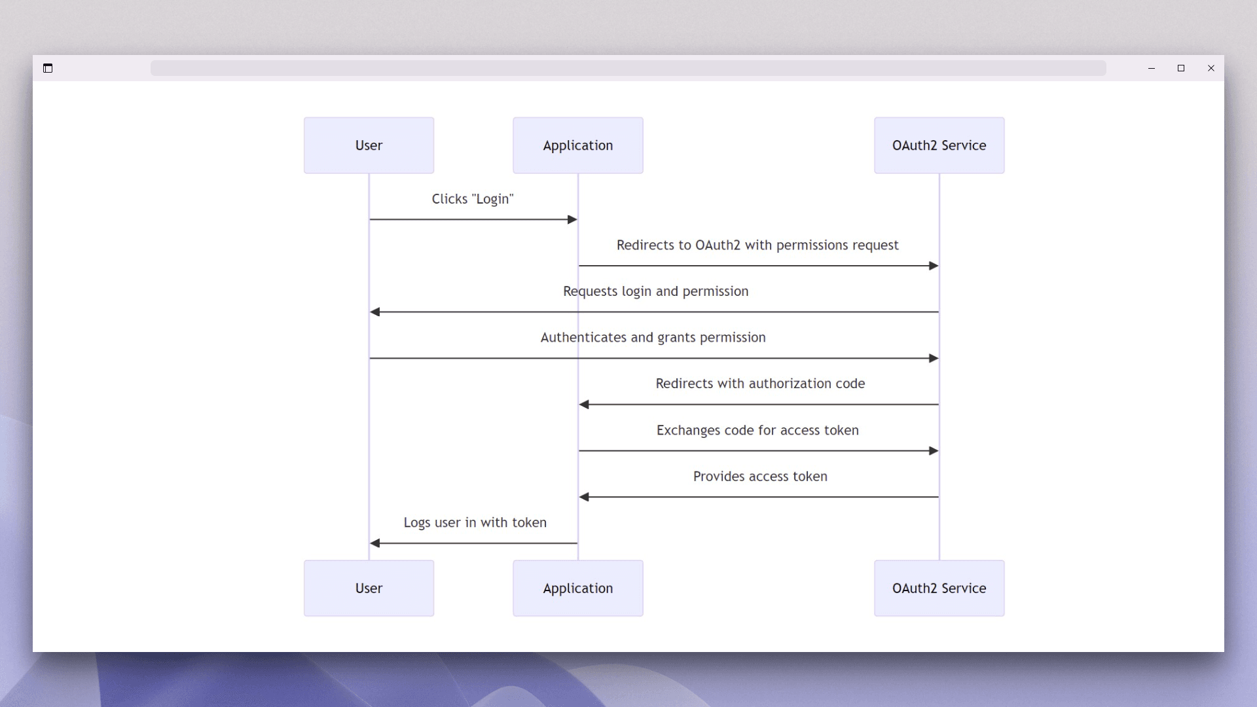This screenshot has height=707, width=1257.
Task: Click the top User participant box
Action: point(369,145)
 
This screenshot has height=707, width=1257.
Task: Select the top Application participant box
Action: point(577,145)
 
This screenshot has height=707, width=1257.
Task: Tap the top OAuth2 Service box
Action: point(939,145)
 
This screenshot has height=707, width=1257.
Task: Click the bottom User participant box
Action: point(369,588)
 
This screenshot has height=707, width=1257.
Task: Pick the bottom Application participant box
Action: point(577,588)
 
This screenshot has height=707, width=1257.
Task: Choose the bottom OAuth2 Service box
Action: point(939,588)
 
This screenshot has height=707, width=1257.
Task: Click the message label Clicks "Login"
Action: point(472,199)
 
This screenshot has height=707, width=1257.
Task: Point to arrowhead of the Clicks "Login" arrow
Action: point(572,219)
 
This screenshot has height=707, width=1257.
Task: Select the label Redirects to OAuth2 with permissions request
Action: point(757,245)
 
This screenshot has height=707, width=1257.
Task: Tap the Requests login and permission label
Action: point(655,291)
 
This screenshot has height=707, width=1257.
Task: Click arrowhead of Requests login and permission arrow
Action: point(375,312)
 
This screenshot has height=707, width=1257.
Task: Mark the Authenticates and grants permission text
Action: point(653,338)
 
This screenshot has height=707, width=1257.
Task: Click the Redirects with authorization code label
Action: point(760,384)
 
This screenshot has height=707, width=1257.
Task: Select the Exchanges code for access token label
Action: point(757,430)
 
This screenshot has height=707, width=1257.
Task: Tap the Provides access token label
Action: point(760,477)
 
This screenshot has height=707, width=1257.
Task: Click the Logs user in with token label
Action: point(475,522)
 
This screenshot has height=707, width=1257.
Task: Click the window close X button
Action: point(1211,68)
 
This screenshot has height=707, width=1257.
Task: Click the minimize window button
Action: point(1151,68)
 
